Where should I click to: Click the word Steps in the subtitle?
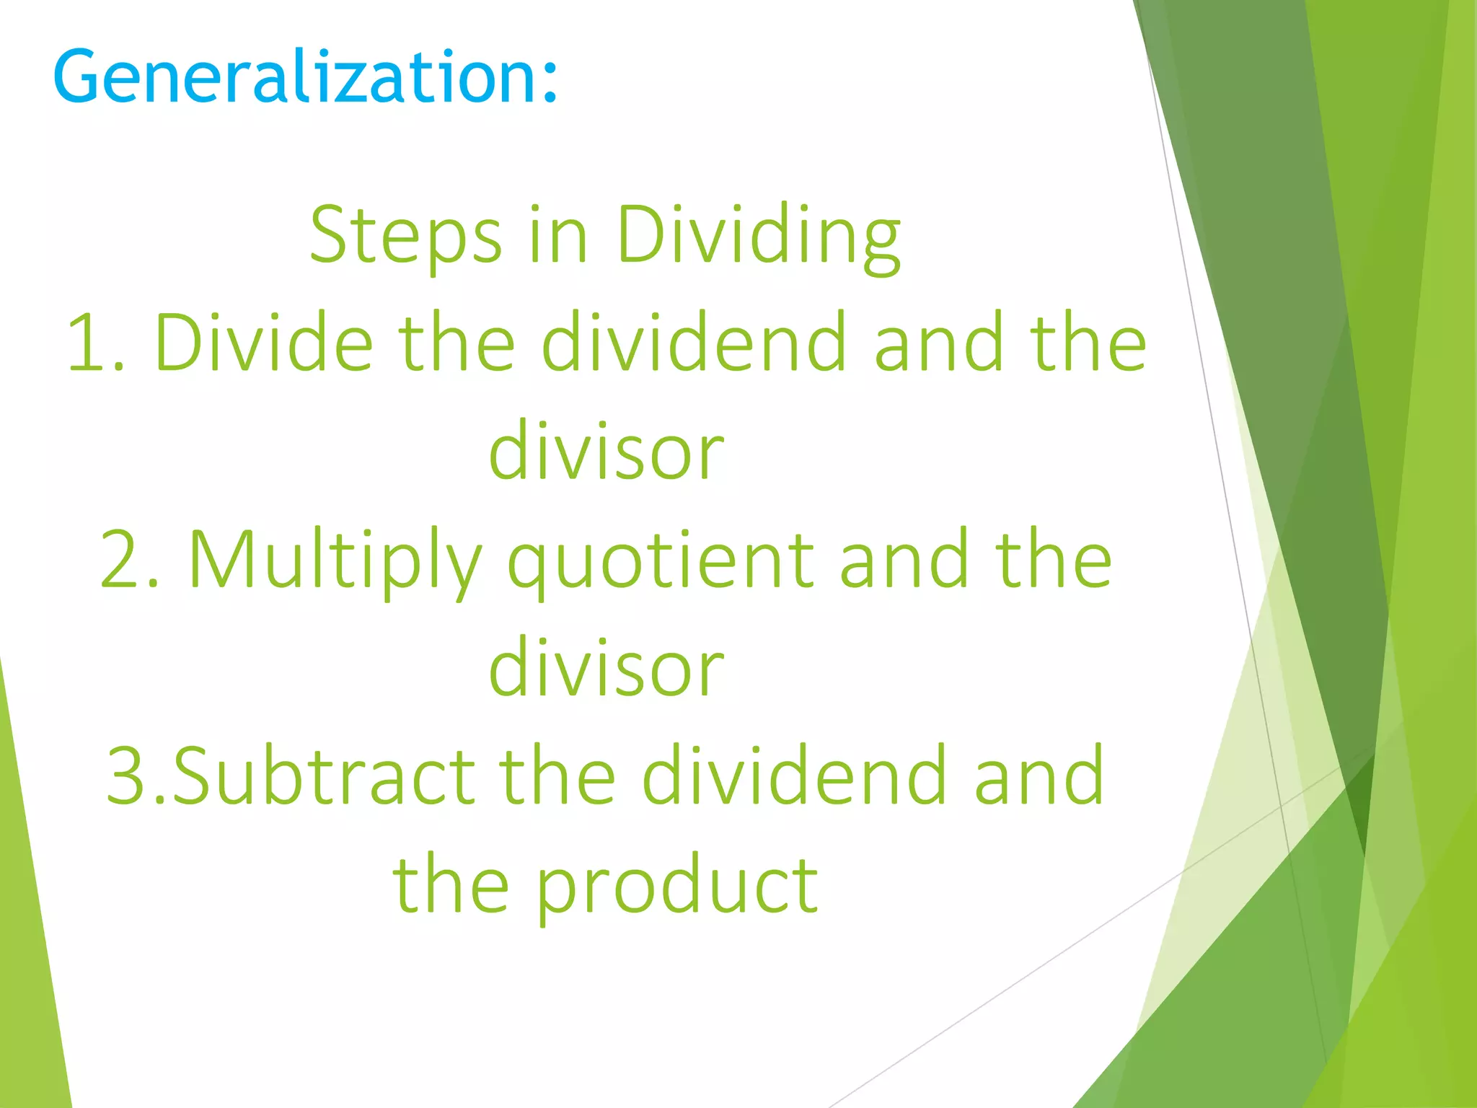(x=405, y=234)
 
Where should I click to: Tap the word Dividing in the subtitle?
(x=758, y=234)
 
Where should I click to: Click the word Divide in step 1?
(x=263, y=343)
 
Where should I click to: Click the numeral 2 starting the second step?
(x=120, y=559)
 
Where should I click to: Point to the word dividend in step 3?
(x=793, y=775)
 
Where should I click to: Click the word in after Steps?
(x=558, y=234)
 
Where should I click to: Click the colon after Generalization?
(x=550, y=79)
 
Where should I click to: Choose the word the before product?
(x=450, y=884)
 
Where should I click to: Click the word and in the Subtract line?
(x=1039, y=775)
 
